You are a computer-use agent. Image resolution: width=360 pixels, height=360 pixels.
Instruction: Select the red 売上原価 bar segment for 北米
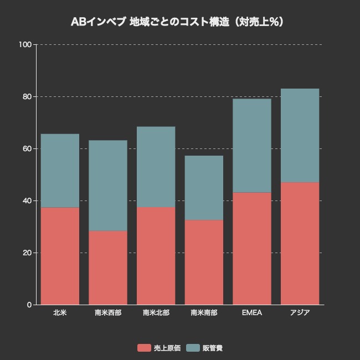click(x=60, y=256)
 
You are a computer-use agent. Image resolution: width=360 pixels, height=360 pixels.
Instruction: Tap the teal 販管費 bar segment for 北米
click(x=60, y=171)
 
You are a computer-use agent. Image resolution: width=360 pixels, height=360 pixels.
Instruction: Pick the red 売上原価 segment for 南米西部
click(x=108, y=268)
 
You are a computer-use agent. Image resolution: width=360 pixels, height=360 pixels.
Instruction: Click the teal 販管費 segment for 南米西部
click(x=108, y=186)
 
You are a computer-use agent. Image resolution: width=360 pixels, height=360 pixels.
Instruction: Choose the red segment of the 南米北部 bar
click(x=156, y=256)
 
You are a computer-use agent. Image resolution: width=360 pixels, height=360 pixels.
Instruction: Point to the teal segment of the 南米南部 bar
click(x=204, y=188)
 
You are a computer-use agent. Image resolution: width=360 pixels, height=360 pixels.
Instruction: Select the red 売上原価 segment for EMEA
click(x=252, y=249)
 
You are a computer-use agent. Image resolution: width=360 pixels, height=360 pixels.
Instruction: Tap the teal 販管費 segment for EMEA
click(x=252, y=146)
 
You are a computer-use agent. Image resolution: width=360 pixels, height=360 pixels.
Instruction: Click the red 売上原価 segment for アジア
click(x=300, y=244)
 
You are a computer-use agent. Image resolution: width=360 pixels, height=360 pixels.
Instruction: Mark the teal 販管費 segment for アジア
click(x=300, y=136)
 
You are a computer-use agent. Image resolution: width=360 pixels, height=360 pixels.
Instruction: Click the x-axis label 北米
click(x=60, y=313)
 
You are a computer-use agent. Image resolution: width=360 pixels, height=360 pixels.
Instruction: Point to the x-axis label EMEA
click(x=252, y=313)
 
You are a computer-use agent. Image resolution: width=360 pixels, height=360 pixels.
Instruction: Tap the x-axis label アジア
click(x=300, y=313)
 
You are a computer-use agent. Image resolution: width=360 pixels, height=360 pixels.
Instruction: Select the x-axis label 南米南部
click(x=204, y=313)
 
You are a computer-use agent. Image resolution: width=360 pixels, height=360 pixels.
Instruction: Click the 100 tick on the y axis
click(x=25, y=44)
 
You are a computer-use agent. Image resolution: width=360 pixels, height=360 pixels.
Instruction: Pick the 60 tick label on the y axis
click(x=27, y=148)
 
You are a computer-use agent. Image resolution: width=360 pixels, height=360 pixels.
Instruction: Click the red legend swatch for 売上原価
click(x=144, y=348)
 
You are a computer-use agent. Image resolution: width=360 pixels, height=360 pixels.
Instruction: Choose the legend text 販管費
click(x=213, y=348)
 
